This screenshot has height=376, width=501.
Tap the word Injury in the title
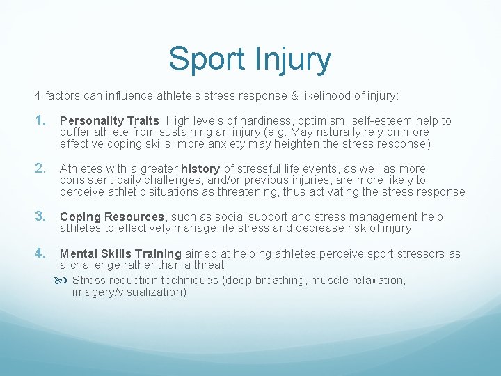click(294, 60)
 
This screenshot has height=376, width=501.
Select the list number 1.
click(41, 120)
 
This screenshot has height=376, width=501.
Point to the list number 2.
click(41, 168)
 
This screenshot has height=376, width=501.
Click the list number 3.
click(41, 217)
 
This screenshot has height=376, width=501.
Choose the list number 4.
click(41, 253)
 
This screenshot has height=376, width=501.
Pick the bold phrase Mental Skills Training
click(120, 254)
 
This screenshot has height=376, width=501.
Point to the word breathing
click(279, 281)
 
